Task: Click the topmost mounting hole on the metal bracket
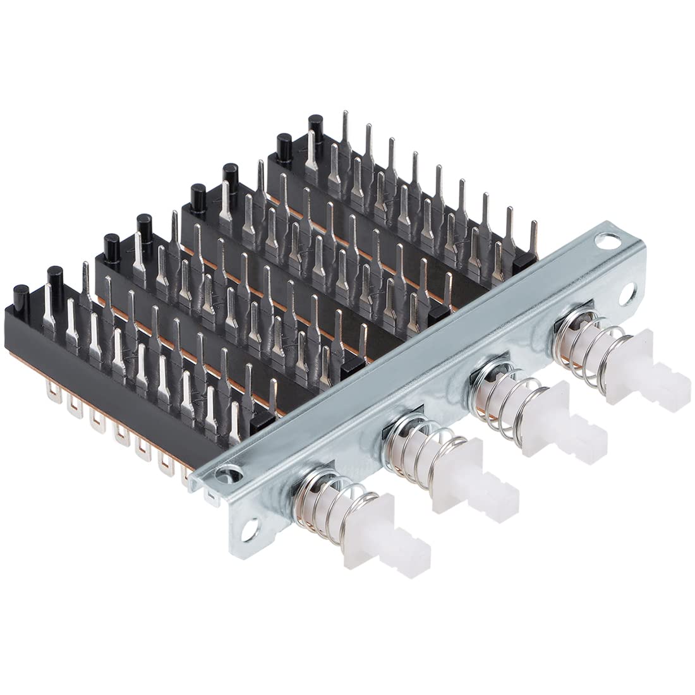[x=612, y=239]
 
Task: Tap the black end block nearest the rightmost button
[x=523, y=261]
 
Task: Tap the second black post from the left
[x=54, y=278]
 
